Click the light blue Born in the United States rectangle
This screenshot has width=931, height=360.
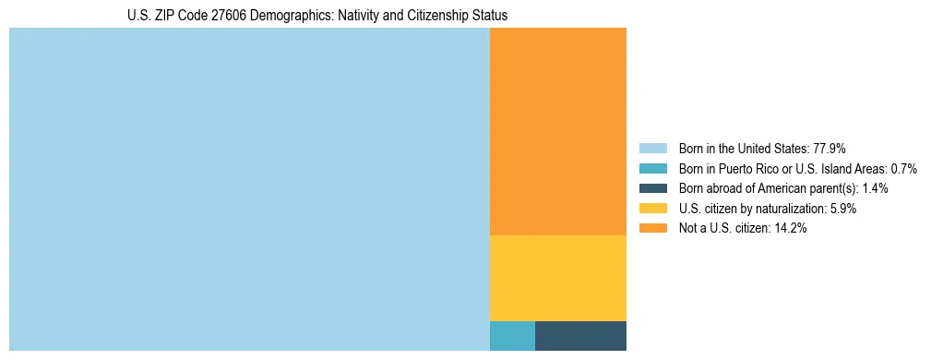pyautogui.click(x=249, y=189)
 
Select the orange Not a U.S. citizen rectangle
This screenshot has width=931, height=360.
pyautogui.click(x=557, y=131)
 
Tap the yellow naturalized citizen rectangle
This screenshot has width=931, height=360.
pyautogui.click(x=557, y=278)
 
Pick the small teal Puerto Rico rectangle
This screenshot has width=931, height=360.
pyautogui.click(x=512, y=336)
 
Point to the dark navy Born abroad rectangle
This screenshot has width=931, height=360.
pyautogui.click(x=580, y=336)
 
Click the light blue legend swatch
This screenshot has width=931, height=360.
pyautogui.click(x=652, y=149)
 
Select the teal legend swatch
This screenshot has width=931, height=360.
pyautogui.click(x=652, y=169)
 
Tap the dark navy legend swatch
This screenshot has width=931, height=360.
pyautogui.click(x=652, y=188)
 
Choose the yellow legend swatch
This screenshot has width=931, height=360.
pyautogui.click(x=652, y=209)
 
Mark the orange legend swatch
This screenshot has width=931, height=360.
pyautogui.click(x=652, y=229)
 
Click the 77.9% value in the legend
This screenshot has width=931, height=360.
pyautogui.click(x=830, y=149)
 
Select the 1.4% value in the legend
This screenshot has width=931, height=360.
pyautogui.click(x=876, y=188)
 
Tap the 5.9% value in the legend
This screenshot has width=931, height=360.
pyautogui.click(x=842, y=209)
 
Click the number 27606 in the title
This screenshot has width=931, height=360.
pyautogui.click(x=212, y=16)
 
